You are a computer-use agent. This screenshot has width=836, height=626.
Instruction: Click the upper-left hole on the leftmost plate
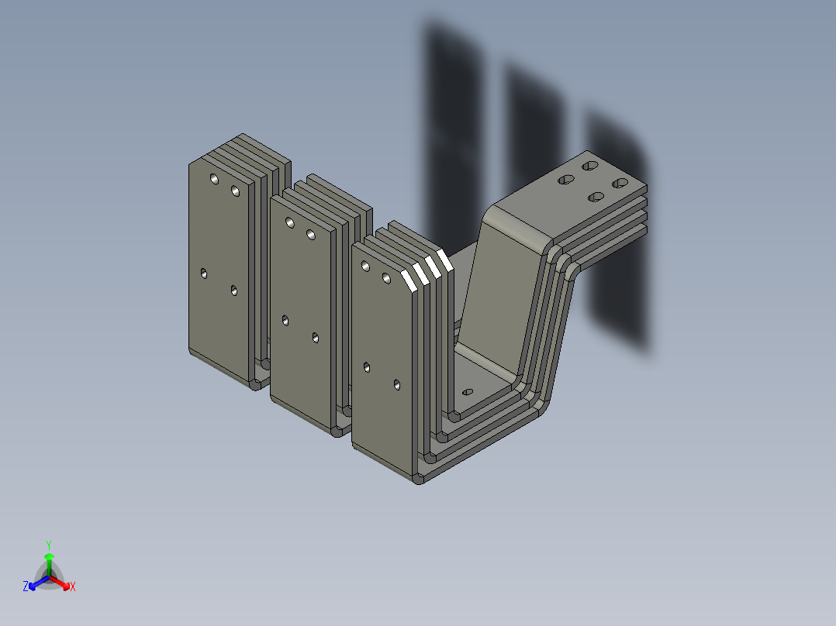(x=215, y=179)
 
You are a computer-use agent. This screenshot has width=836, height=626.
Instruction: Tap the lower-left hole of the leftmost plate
(x=204, y=273)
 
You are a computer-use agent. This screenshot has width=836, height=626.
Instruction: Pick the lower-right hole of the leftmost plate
(x=234, y=291)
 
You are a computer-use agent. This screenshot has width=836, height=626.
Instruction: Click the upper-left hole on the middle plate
(x=290, y=223)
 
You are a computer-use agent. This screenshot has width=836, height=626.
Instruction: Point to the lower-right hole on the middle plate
(x=316, y=337)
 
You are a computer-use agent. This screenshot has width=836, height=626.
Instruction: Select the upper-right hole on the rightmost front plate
(x=386, y=277)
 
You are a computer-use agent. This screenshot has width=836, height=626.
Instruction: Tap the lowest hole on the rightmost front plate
(x=396, y=384)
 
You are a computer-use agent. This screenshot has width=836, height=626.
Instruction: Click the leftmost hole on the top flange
(x=566, y=180)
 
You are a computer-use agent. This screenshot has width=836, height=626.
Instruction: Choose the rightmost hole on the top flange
(x=620, y=183)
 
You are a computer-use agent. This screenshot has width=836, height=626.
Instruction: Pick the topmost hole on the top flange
(x=590, y=167)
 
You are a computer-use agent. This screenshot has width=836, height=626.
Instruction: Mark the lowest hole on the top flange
(x=596, y=197)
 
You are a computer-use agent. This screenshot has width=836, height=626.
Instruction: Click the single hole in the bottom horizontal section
(x=467, y=392)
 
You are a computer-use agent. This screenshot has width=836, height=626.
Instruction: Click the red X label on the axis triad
(x=73, y=587)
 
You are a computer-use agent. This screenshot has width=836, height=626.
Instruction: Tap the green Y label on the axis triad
(x=49, y=545)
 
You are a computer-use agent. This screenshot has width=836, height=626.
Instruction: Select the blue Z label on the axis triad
(x=26, y=587)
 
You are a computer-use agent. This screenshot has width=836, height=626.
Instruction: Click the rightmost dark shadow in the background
(x=617, y=232)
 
